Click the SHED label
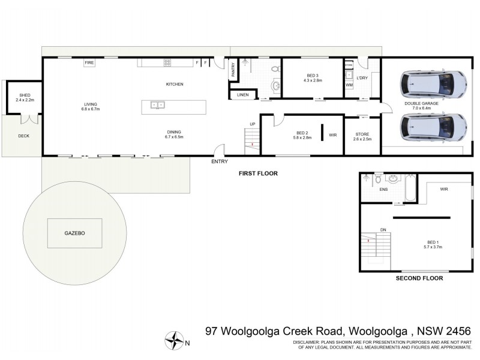tap(24, 95)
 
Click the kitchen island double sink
tap(158, 105)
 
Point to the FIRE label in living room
tap(89, 62)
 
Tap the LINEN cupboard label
tap(242, 95)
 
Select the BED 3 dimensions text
tap(313, 80)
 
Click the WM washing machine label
tap(349, 85)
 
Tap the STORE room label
tap(361, 134)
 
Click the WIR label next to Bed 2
tap(332, 135)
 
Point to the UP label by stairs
tap(252, 124)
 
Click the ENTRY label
tap(220, 162)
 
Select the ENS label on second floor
tap(383, 189)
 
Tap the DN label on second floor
tap(383, 229)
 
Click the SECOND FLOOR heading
tap(419, 278)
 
